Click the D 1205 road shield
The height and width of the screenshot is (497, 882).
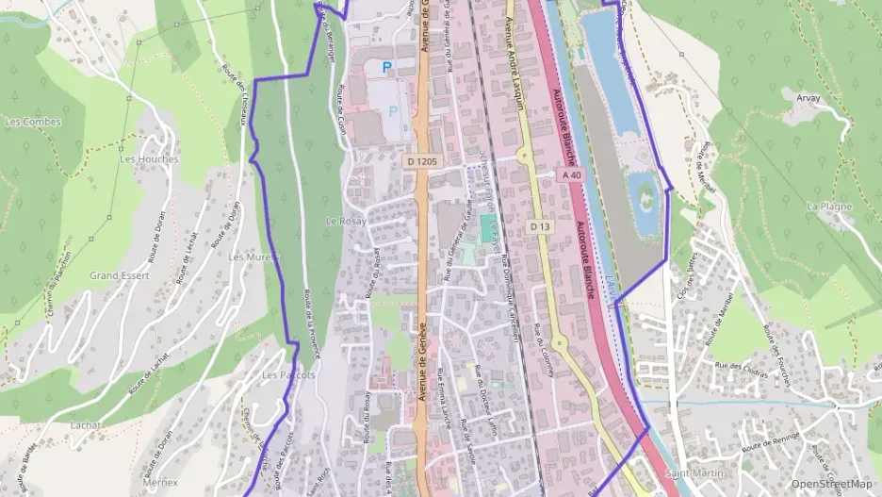click(x=423, y=162)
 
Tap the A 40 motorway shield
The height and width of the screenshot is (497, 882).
click(x=571, y=174)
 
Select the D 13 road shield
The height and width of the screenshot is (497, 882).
click(x=539, y=226)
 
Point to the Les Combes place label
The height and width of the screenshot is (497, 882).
click(x=32, y=122)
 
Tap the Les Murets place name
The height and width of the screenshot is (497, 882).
click(x=250, y=257)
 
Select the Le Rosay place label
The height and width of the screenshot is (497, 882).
click(x=344, y=220)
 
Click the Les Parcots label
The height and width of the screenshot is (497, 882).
click(x=288, y=374)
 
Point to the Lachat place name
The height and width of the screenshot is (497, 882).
click(x=86, y=425)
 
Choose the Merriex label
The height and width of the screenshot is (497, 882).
click(x=135, y=481)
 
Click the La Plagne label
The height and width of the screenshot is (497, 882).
click(x=829, y=206)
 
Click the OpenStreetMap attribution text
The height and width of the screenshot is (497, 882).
click(x=832, y=483)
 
